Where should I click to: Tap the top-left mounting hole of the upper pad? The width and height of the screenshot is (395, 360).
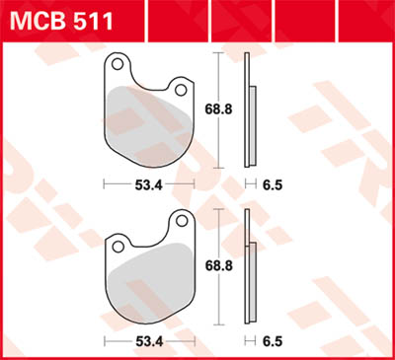(x=117, y=66)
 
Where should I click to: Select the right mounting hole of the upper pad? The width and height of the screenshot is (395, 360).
(x=181, y=90)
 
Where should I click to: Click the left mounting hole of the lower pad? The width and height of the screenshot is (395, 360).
(x=117, y=242)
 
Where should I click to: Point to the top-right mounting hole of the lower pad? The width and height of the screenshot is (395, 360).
(x=181, y=219)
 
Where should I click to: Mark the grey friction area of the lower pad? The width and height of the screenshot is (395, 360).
(x=148, y=286)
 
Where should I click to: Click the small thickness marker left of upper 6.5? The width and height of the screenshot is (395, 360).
(x=248, y=183)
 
